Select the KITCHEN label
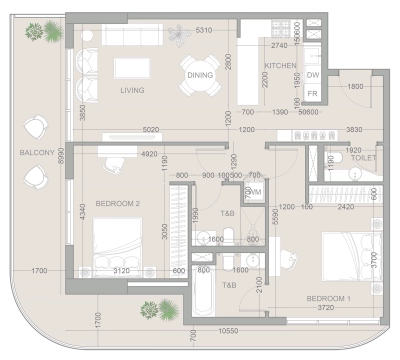pyautogui.click(x=280, y=66)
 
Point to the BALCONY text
pyautogui.click(x=37, y=153)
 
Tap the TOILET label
pyautogui.click(x=363, y=158)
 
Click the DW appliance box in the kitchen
pyautogui.click(x=312, y=75)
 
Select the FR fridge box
pyautogui.click(x=312, y=93)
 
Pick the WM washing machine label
pyautogui.click(x=256, y=191)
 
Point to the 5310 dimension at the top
pyautogui.click(x=206, y=31)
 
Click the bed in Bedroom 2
pyautogui.click(x=118, y=245)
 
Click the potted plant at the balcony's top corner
pyautogui.click(x=47, y=34)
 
